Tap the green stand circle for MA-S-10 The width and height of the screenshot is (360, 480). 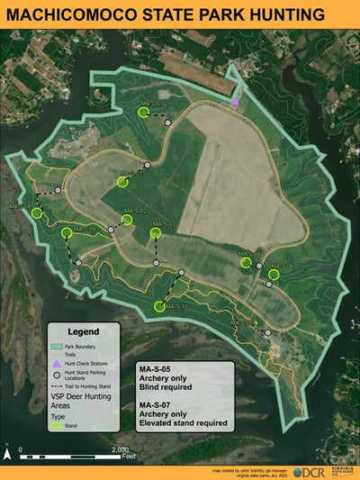click(159, 306)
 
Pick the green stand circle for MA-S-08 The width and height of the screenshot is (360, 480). click(37, 214)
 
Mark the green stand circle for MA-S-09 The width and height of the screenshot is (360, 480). click(67, 233)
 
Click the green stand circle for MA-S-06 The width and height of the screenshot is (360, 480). click(274, 273)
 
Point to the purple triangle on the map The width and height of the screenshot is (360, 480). click(236, 102)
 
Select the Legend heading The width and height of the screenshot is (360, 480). click(84, 331)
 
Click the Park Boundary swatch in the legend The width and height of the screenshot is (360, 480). click(57, 345)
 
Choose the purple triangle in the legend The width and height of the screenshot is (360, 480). click(56, 363)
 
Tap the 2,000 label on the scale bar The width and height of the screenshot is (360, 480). click(119, 448)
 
